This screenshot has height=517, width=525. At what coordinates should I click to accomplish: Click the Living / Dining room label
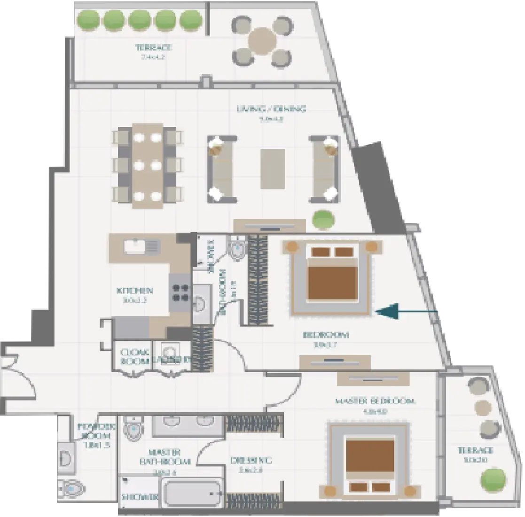pos(271,109)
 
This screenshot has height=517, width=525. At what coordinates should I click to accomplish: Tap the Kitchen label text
pos(134,291)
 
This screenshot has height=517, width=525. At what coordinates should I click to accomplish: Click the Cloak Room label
pos(134,356)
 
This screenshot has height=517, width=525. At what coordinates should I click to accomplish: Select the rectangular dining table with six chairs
pos(147,165)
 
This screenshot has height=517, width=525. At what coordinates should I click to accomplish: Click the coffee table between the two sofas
pos(273,165)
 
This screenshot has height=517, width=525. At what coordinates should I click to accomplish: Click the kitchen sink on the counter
pos(137,246)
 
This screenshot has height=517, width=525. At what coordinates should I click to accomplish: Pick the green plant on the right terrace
pos(493,480)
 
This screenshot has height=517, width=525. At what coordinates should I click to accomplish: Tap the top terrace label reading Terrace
pos(153,47)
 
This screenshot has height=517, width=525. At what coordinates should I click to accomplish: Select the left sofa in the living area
pos(222,168)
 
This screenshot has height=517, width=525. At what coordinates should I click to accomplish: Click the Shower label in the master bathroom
pos(139,497)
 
